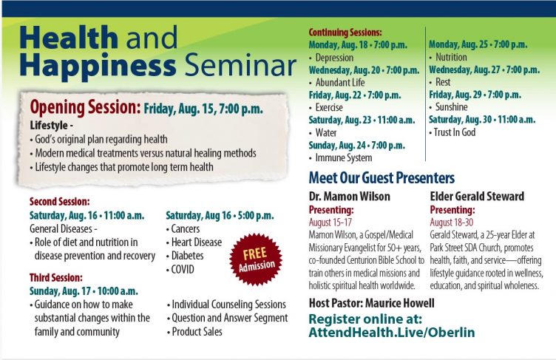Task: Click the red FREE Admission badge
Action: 256,259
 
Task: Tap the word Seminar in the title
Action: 241,65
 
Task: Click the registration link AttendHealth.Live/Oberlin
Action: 392,333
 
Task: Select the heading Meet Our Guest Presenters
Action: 382,177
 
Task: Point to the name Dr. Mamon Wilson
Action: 349,196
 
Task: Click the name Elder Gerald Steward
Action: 477,196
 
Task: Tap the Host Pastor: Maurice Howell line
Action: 372,303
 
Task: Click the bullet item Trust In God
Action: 452,132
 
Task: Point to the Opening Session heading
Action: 86,107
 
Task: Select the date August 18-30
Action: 452,223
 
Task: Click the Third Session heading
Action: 56,277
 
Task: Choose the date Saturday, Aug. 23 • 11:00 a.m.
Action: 362,120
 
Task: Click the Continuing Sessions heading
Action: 345,33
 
